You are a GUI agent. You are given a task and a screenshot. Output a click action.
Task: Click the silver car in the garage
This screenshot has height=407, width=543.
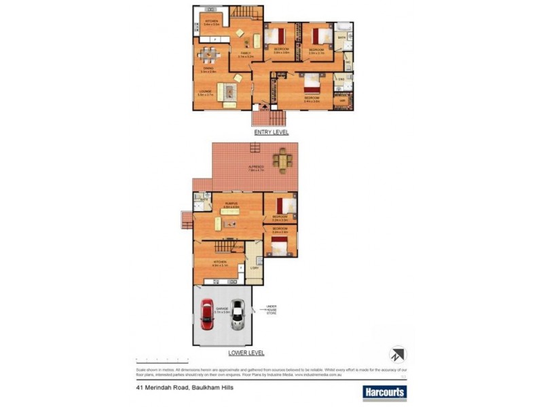[x=238, y=315]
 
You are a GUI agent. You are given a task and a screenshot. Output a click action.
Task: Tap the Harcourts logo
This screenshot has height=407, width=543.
[x=383, y=391]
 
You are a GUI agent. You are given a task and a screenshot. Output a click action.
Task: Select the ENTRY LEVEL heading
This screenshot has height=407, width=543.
[x=271, y=132]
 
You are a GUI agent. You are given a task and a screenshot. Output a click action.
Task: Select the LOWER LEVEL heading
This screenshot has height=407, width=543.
[x=246, y=353]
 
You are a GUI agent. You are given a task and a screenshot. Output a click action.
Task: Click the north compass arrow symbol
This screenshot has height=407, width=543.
[x=397, y=353]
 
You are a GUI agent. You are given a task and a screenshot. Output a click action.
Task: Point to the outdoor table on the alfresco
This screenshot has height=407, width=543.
[x=282, y=161]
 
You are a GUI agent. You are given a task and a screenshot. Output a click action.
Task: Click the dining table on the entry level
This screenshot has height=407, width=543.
[x=208, y=57]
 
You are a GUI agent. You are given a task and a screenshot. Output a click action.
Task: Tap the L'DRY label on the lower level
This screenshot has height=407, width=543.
[x=255, y=268]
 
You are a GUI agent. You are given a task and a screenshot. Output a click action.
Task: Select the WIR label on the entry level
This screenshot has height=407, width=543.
[x=342, y=101]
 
